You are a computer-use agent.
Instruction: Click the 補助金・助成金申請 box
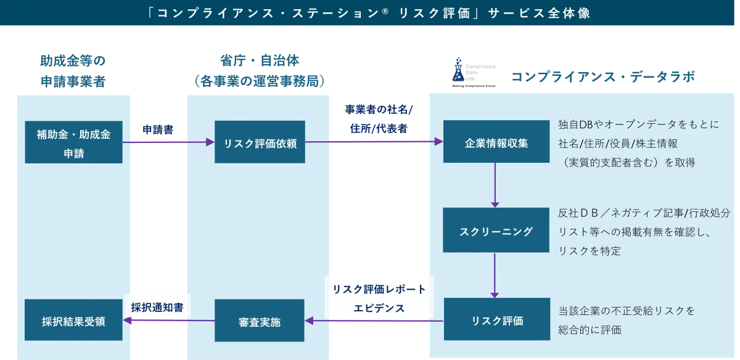[x=74, y=142]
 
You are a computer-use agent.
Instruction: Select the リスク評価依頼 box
[x=260, y=142]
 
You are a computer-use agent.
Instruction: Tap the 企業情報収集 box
[x=496, y=142]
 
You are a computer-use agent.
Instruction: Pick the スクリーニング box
[x=496, y=231]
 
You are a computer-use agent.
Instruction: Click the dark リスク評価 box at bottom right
[x=496, y=320]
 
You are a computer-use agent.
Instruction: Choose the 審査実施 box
[x=259, y=321]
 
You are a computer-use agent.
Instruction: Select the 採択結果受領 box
[x=73, y=321]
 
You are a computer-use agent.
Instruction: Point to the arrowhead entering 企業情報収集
[x=439, y=142]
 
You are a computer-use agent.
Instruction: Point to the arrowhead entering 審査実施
[x=310, y=321]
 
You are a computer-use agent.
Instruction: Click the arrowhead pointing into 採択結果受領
[x=127, y=321]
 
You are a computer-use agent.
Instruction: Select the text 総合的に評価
[x=590, y=330]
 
